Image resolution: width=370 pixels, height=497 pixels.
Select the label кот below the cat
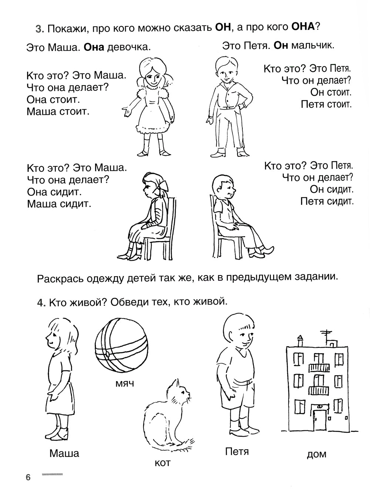tap(162, 463)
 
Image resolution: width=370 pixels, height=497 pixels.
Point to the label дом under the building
tap(316, 454)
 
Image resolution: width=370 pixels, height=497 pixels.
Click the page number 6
tap(28, 477)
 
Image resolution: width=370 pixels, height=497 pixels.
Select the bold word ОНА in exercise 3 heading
tap(302, 27)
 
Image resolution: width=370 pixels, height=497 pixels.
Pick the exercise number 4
tap(41, 303)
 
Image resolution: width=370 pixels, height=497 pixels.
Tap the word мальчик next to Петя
tap(313, 46)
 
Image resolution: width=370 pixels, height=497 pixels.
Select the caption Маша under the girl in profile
tap(64, 453)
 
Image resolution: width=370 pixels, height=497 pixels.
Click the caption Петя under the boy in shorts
tap(237, 451)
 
